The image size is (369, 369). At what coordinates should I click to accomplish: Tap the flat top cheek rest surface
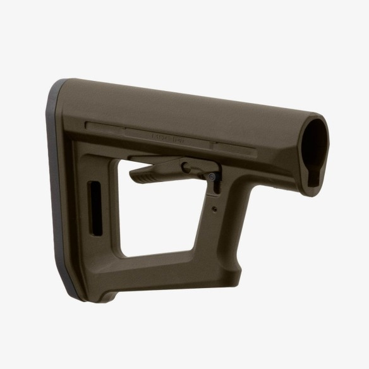[190, 104]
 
